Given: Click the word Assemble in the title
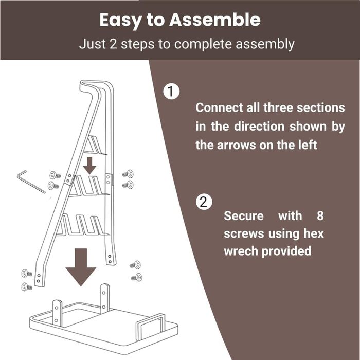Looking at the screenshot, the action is tap(215, 20).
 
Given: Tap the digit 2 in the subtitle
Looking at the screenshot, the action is tap(113, 44).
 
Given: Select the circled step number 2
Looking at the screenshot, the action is tap(204, 202).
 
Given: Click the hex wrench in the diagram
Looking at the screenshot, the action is tap(31, 182).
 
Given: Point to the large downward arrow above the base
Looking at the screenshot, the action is tap(81, 267).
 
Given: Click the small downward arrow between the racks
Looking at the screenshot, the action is tap(89, 166).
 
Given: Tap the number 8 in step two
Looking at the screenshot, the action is tap(320, 216).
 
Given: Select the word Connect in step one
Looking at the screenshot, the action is tap(219, 107).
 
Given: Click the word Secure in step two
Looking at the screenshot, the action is tap(244, 216).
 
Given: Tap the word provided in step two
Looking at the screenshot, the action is tap(286, 251).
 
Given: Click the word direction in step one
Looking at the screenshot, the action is tap(259, 127).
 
